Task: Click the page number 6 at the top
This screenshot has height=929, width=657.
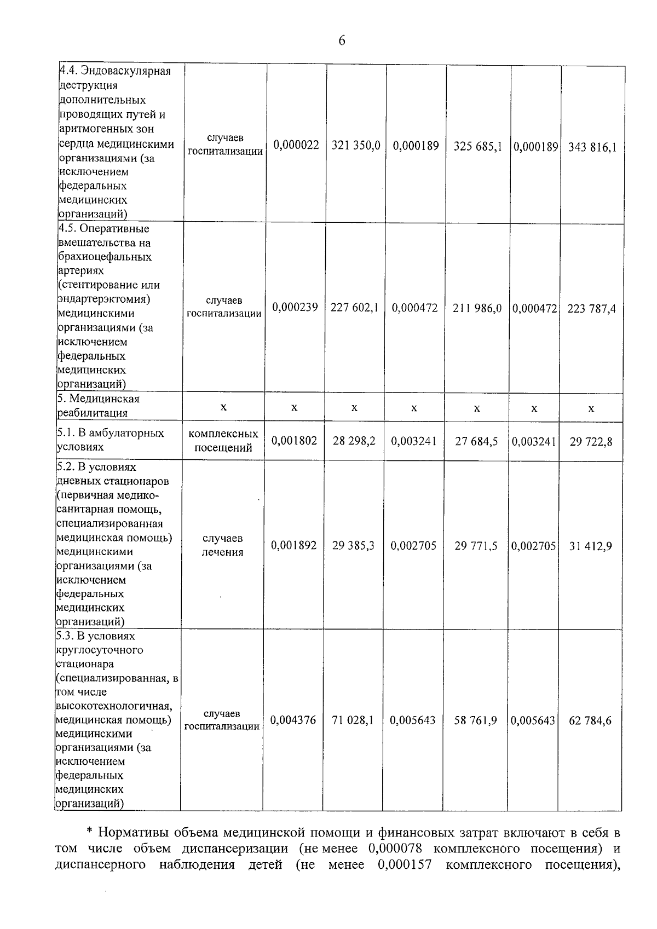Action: [342, 41]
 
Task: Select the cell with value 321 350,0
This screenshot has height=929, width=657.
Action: [356, 146]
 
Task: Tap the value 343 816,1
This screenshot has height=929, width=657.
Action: [592, 147]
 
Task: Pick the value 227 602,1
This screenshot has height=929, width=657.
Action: [354, 308]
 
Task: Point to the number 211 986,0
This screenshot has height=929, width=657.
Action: [477, 308]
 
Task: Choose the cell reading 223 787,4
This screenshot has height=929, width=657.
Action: [591, 309]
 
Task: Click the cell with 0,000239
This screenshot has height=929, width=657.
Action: [295, 307]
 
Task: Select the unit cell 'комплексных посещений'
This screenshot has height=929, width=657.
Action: [223, 441]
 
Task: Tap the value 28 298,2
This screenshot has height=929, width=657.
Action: [354, 441]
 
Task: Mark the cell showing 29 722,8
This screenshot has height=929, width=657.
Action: [591, 441]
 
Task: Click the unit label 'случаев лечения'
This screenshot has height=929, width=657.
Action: [222, 545]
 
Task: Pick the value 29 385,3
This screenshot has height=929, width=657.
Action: [353, 546]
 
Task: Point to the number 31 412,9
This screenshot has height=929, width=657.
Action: [590, 546]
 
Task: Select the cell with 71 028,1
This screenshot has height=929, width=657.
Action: [353, 720]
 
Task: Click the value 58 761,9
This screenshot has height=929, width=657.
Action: [475, 720]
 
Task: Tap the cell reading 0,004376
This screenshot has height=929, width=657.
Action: [293, 720]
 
